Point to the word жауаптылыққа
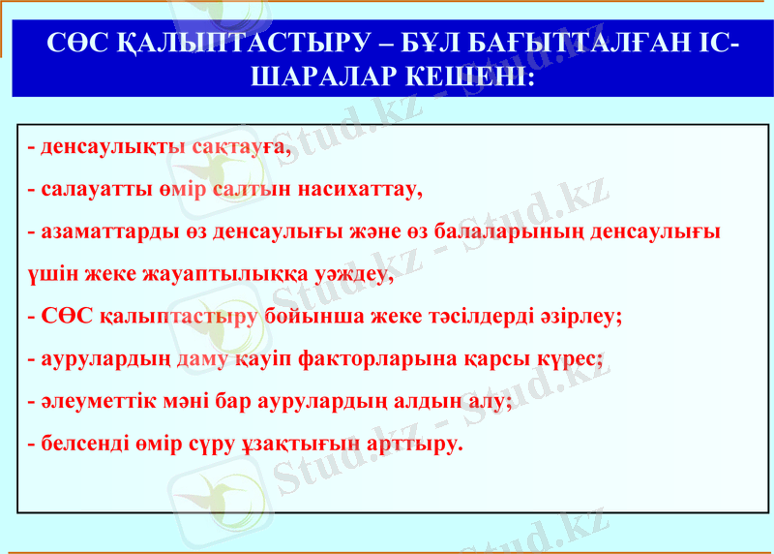point(225,274)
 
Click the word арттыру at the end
point(417,445)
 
